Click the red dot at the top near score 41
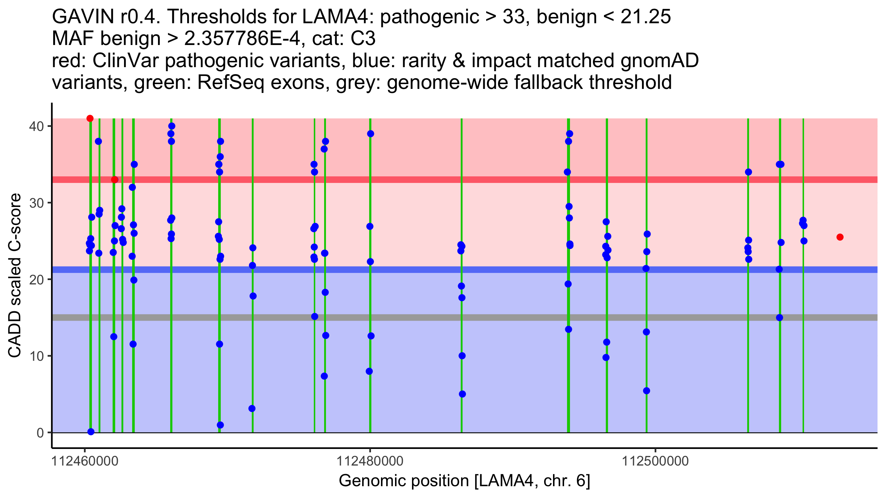(x=90, y=118)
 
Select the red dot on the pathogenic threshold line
(x=115, y=180)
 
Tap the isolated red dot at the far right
(x=840, y=237)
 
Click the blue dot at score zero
(x=91, y=432)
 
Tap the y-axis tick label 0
(x=40, y=433)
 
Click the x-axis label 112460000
(x=85, y=461)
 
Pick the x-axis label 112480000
(x=370, y=461)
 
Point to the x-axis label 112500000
(x=655, y=461)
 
